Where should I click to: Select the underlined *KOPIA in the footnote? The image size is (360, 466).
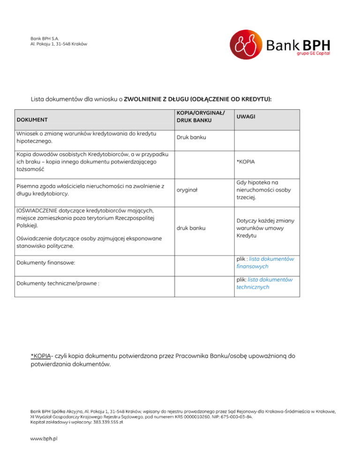point(41,356)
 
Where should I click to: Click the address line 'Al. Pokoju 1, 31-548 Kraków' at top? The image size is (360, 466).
point(59,44)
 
